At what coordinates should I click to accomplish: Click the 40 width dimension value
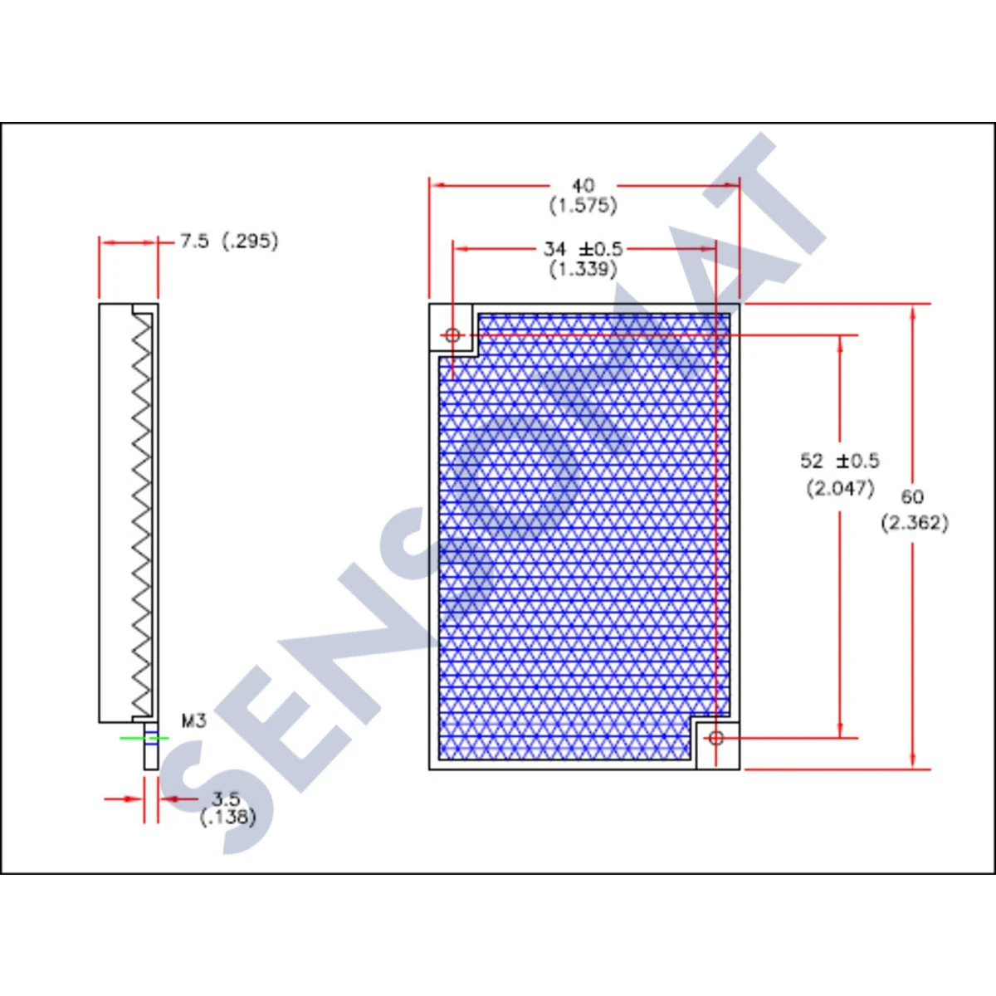[x=583, y=185]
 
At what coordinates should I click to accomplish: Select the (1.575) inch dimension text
[x=583, y=205]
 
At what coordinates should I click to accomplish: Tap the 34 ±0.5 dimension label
[x=583, y=248]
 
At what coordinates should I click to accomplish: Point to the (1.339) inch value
[x=583, y=269]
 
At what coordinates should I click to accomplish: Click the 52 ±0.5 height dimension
[x=839, y=461]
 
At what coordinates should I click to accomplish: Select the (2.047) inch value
[x=840, y=488]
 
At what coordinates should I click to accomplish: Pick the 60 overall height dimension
[x=912, y=496]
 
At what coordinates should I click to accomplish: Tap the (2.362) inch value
[x=914, y=523]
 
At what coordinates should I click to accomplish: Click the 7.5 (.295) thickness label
[x=229, y=242]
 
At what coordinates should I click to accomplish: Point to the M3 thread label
[x=193, y=720]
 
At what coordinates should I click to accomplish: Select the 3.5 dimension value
[x=226, y=798]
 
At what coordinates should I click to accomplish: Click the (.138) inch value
[x=227, y=817]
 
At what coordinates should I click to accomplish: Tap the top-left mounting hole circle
[x=452, y=335]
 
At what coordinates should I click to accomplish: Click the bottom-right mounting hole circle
[x=715, y=737]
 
